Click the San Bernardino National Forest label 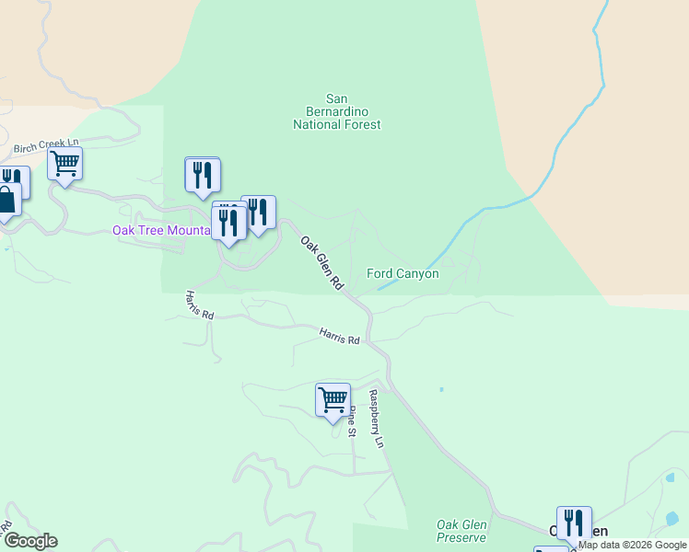tap(336, 111)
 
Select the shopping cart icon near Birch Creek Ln tap(64, 165)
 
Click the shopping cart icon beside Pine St tap(333, 400)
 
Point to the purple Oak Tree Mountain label tap(161, 230)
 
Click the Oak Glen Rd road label tap(321, 264)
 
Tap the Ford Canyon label tap(403, 273)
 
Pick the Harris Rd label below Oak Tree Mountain tap(199, 305)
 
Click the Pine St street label tap(352, 419)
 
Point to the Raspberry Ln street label tap(375, 419)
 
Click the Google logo tap(30, 541)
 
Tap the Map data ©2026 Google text tap(632, 545)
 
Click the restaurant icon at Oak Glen tap(574, 523)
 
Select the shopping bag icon tap(6, 201)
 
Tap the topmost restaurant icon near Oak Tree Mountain tap(203, 175)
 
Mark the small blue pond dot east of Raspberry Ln tap(441, 389)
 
